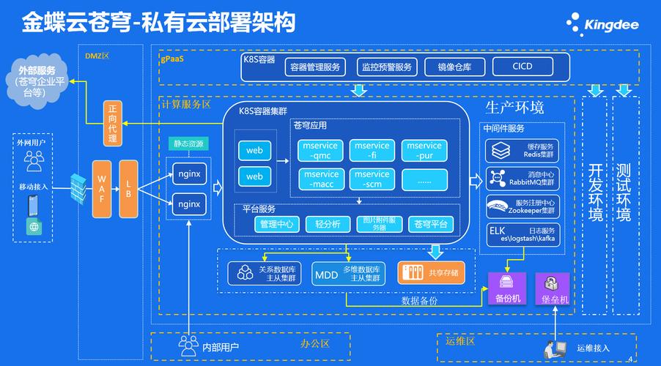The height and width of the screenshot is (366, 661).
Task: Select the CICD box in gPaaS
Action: tap(522, 67)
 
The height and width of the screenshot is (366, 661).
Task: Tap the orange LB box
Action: tap(128, 188)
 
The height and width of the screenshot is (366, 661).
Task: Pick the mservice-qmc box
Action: tap(320, 151)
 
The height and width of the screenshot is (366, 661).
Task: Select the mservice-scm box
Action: tap(372, 179)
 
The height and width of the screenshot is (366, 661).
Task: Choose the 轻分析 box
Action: tap(328, 224)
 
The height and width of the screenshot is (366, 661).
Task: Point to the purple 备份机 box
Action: tap(507, 288)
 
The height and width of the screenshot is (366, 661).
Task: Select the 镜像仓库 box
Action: tap(459, 67)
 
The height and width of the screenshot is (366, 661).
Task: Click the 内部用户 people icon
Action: tap(189, 343)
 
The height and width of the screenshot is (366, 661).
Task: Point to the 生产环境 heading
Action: tap(514, 108)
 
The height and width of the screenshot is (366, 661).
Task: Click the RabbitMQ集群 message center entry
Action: tap(522, 178)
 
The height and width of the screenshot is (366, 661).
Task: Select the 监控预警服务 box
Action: tap(386, 67)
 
